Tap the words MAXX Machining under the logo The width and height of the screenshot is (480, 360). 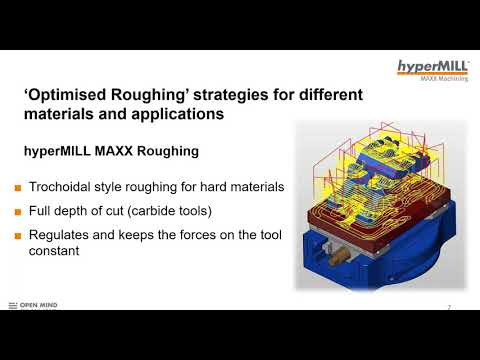441,80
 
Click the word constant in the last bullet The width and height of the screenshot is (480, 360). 65,253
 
